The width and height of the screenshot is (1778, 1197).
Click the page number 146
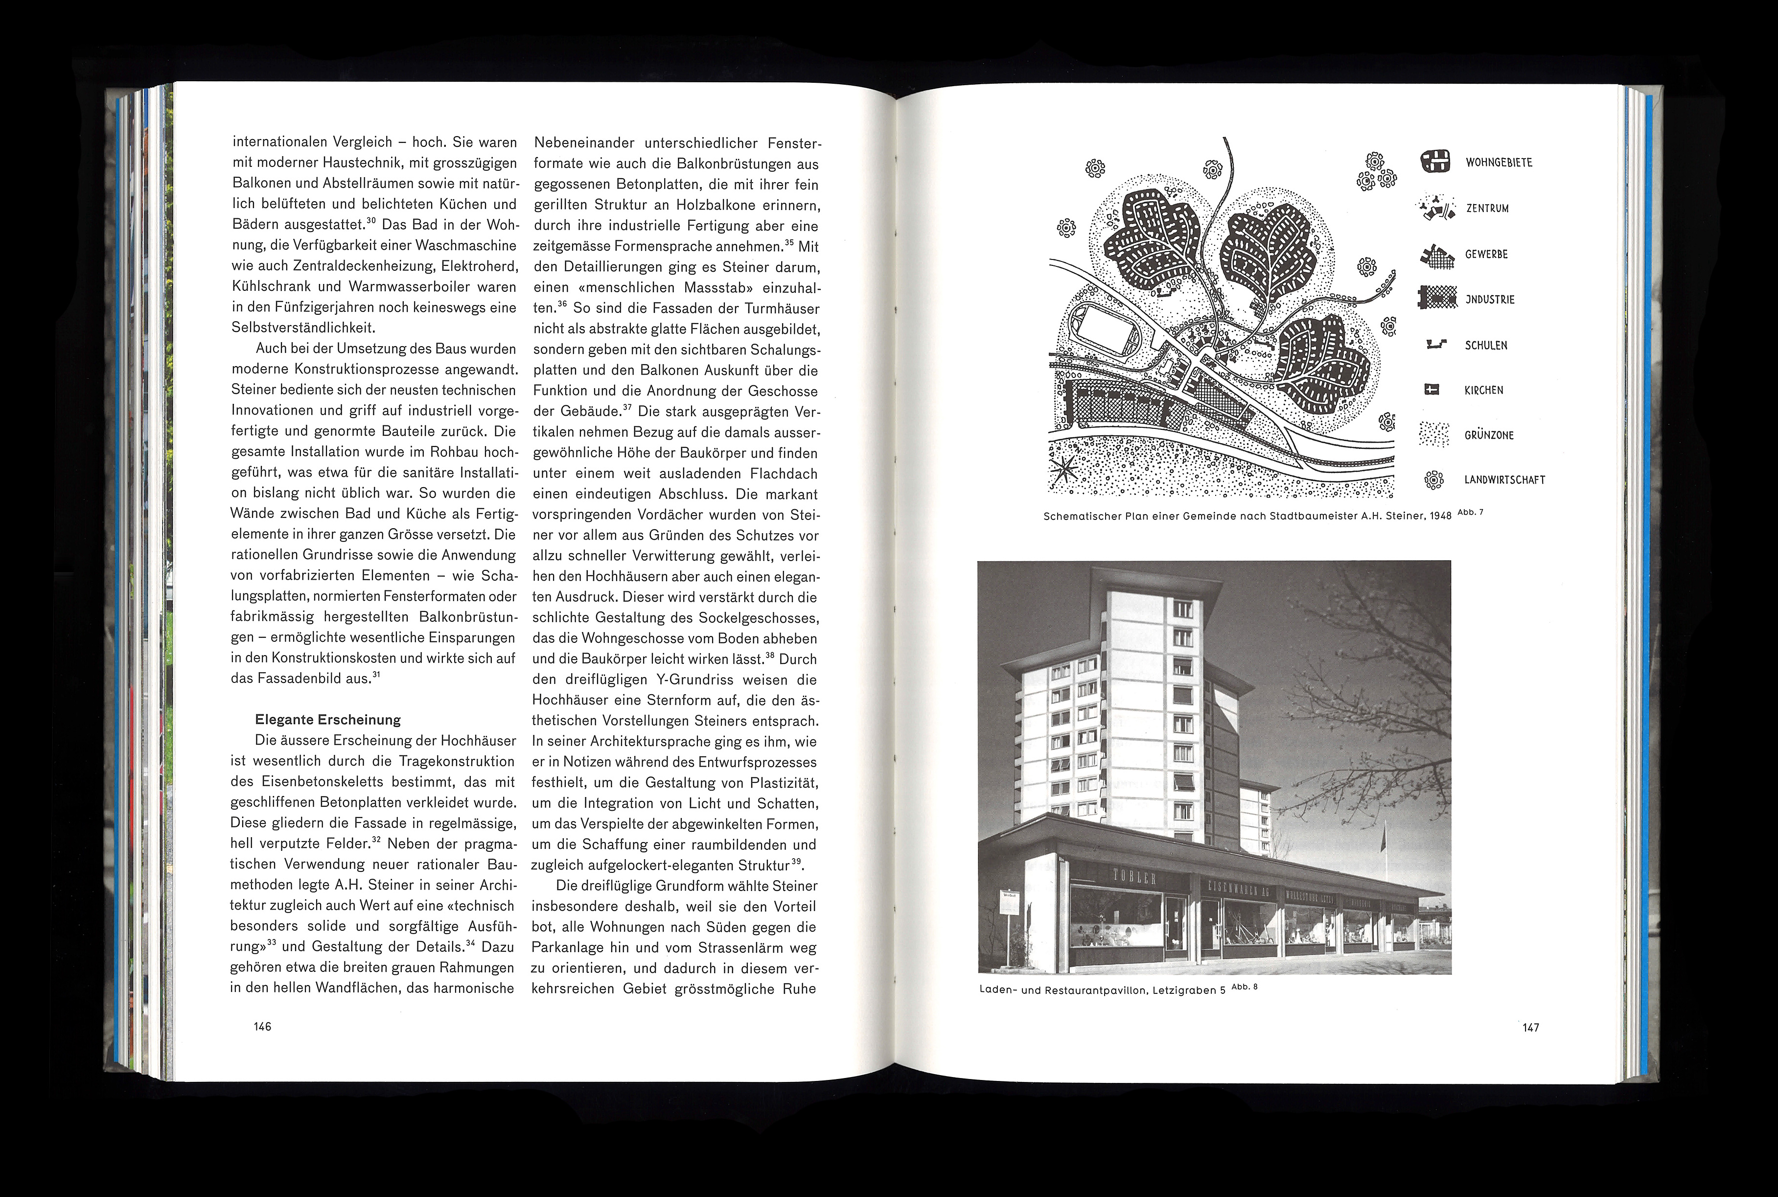262,1027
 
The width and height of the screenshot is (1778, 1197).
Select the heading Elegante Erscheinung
327,720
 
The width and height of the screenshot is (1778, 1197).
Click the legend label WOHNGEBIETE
1498,163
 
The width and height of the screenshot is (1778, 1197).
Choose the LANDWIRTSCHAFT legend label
1504,480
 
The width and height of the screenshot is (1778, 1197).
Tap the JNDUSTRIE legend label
1490,299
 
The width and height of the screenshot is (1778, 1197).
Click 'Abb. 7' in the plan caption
1470,512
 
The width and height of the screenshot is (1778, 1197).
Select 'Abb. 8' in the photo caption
1244,986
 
